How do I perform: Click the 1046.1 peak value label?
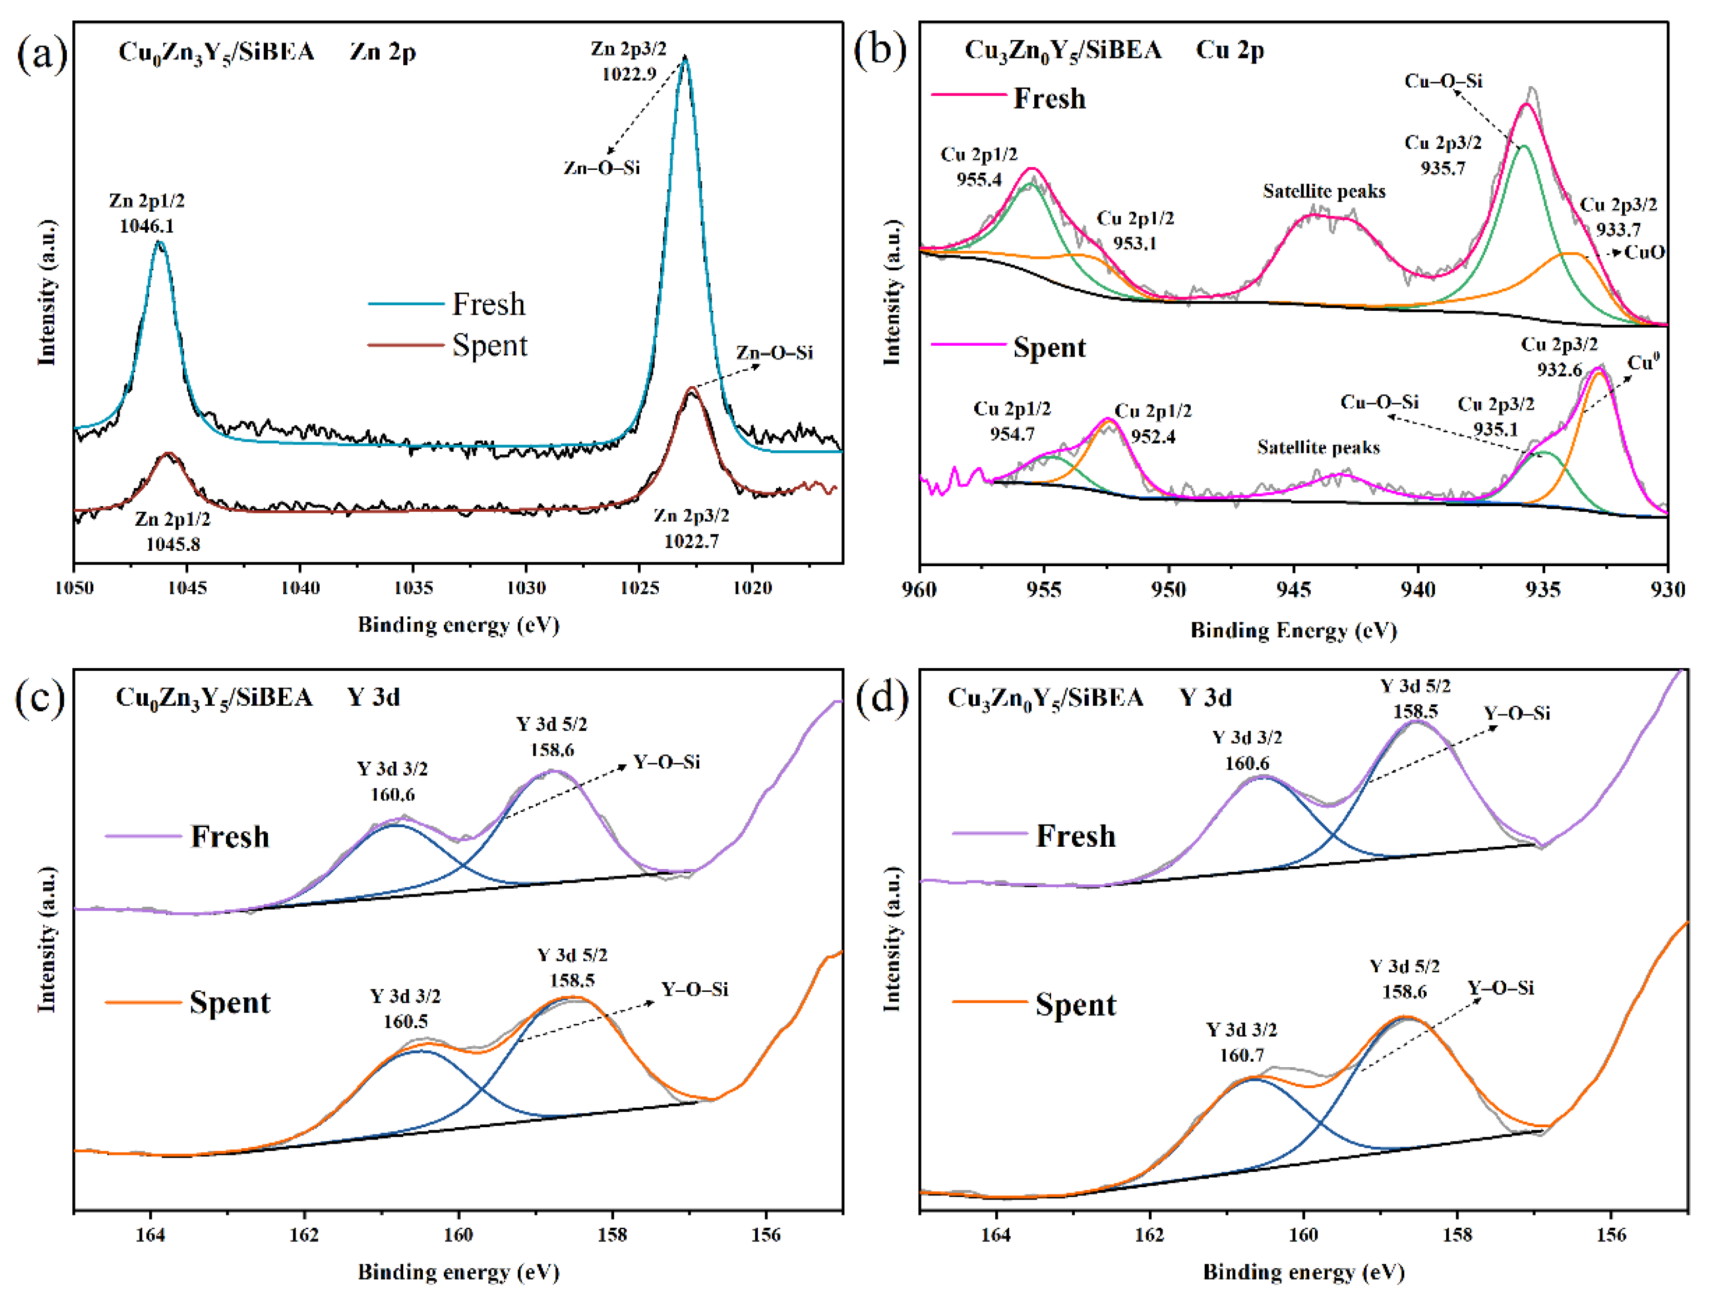coord(146,226)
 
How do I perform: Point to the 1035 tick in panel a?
coord(412,588)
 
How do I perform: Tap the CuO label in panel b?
coord(1644,252)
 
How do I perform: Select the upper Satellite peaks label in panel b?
coord(1324,191)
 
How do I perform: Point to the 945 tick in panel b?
coord(1293,590)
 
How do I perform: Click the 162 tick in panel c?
coord(304,1234)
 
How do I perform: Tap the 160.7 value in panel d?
coord(1242,1055)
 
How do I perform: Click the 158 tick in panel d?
coord(1457,1235)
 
